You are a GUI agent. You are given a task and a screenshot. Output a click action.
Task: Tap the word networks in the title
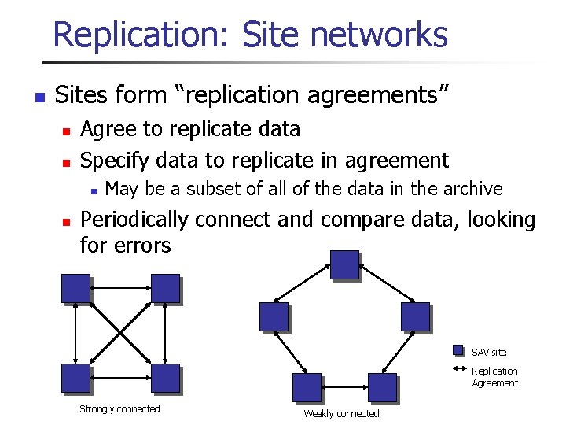379,35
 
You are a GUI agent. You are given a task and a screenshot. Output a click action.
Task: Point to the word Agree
109,129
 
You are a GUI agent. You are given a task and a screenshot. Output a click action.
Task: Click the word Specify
116,161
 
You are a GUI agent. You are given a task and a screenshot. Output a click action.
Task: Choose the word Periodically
134,220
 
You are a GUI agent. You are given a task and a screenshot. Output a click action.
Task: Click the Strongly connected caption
119,409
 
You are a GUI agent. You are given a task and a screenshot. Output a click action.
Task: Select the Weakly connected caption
341,414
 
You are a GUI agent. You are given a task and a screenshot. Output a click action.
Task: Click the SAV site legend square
460,351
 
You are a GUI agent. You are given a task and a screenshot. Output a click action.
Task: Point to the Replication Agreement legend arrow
460,370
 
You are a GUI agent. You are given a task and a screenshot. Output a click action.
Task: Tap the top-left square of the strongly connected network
76,288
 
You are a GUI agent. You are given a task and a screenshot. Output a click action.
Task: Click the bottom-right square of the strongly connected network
165,379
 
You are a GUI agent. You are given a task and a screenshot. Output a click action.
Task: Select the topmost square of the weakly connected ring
344,264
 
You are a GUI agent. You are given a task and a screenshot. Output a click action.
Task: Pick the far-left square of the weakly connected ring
274,316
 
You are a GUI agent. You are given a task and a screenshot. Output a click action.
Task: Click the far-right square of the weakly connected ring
415,316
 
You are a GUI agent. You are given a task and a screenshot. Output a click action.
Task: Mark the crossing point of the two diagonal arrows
120,333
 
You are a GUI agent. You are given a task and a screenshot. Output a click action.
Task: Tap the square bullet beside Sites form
39,98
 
